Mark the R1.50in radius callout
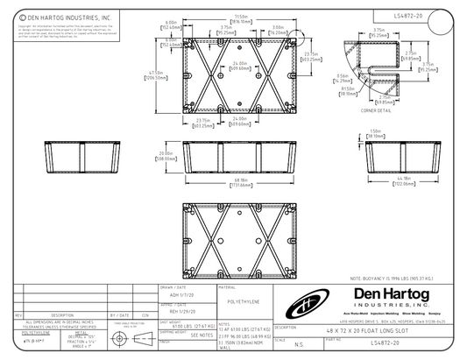tap(348, 89)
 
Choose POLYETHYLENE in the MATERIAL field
tap(241, 298)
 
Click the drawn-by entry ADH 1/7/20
tap(173, 293)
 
